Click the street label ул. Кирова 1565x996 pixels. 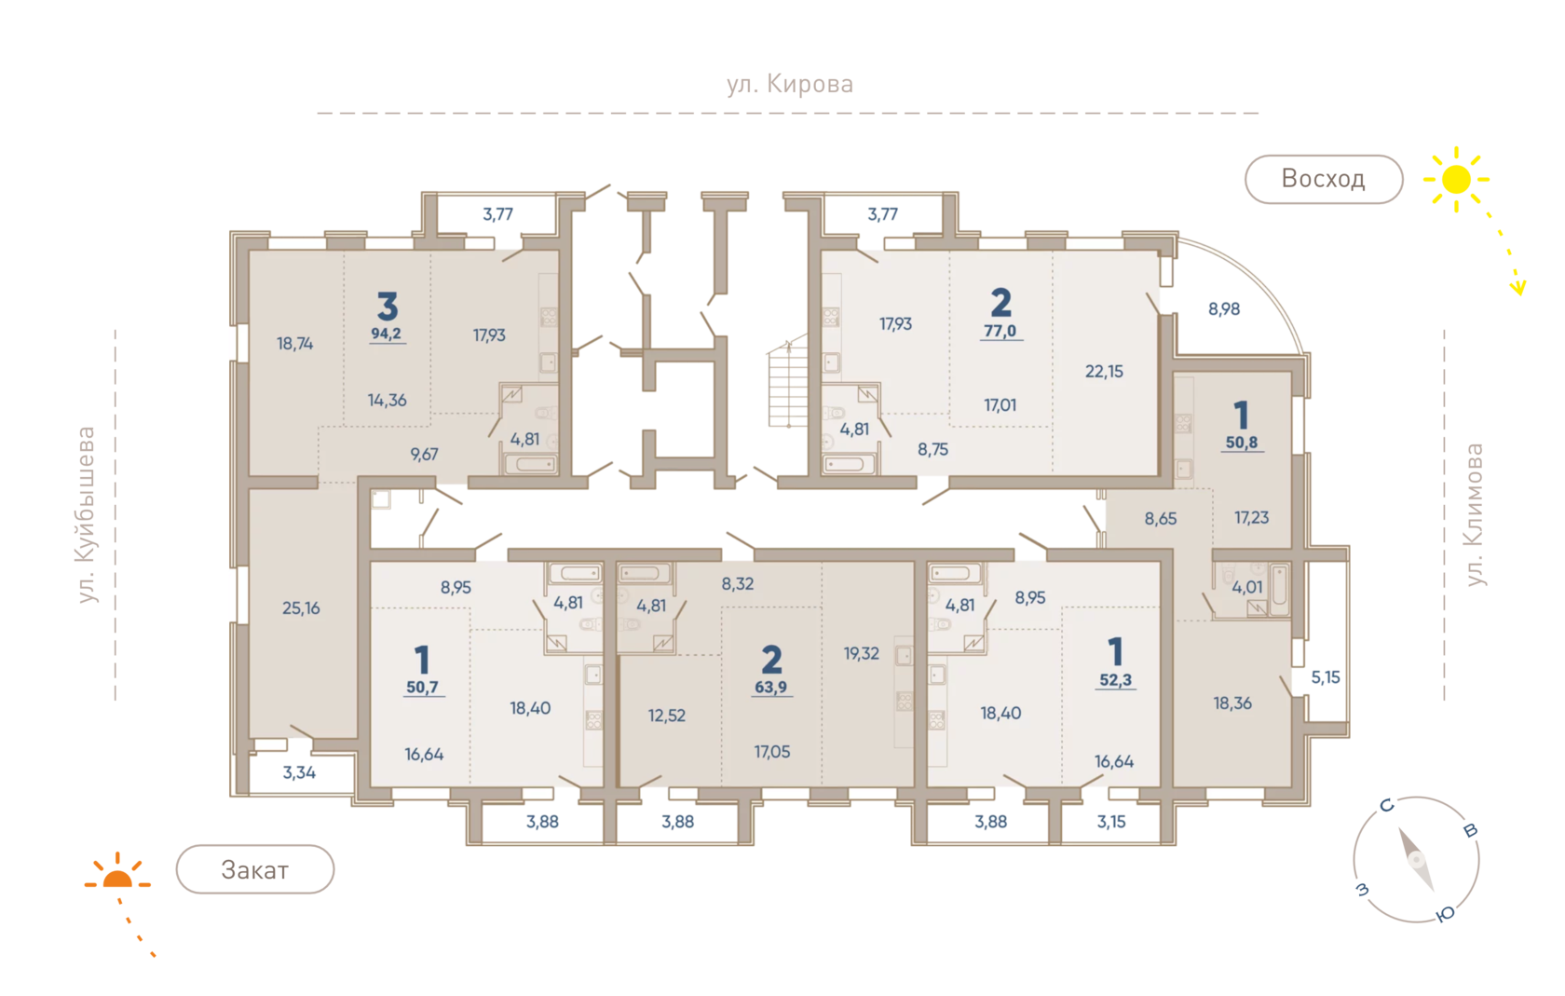pyautogui.click(x=790, y=85)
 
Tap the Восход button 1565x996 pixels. pyautogui.click(x=1323, y=179)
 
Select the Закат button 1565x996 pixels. pyautogui.click(x=255, y=869)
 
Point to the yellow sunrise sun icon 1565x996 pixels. pyautogui.click(x=1456, y=180)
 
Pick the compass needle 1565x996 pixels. pyautogui.click(x=1416, y=860)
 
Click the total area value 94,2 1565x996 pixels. pyautogui.click(x=387, y=334)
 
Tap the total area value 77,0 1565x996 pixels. pyautogui.click(x=1000, y=331)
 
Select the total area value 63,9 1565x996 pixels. pyautogui.click(x=770, y=687)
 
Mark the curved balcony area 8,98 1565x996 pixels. pyautogui.click(x=1224, y=309)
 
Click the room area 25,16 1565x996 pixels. pyautogui.click(x=301, y=608)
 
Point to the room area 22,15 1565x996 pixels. pyautogui.click(x=1104, y=371)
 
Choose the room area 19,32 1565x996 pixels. pyautogui.click(x=861, y=653)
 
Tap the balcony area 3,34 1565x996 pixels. pyautogui.click(x=299, y=772)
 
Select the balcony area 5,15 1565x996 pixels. pyautogui.click(x=1326, y=676)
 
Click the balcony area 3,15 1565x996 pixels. pyautogui.click(x=1110, y=821)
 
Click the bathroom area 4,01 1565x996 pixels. pyautogui.click(x=1247, y=587)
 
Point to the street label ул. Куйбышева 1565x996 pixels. pyautogui.click(x=86, y=513)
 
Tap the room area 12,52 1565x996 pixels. pyautogui.click(x=667, y=716)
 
